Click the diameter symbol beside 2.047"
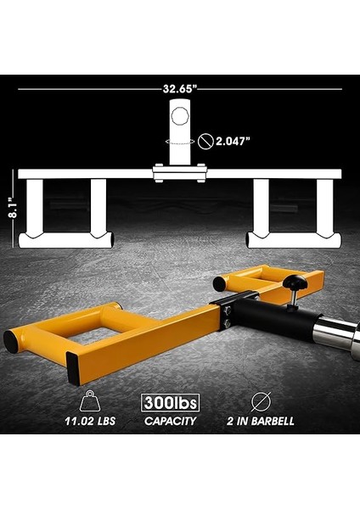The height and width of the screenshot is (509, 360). tap(205, 142)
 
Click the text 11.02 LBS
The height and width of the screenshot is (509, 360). tap(88, 421)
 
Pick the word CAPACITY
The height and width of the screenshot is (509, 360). tap(170, 421)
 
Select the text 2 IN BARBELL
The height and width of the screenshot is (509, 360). tap(262, 421)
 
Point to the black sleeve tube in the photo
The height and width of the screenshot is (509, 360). tap(270, 317)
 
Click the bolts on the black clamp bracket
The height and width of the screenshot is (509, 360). tap(227, 318)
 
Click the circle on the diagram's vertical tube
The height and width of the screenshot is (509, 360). tap(179, 115)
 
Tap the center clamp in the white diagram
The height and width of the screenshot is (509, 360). tap(179, 173)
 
